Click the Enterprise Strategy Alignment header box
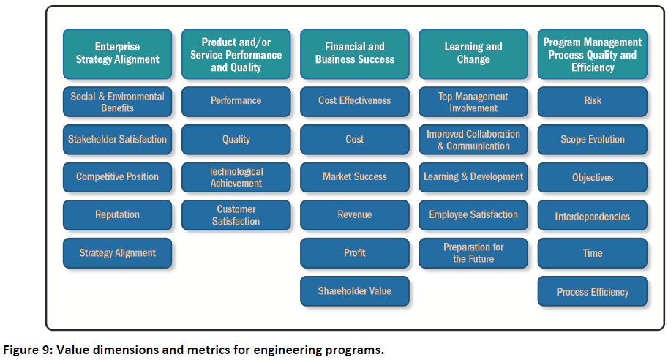click(x=118, y=53)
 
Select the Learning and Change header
click(x=473, y=53)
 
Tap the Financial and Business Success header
click(x=355, y=53)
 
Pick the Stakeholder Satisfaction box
click(x=118, y=139)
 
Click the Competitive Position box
click(x=118, y=177)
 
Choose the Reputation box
click(x=118, y=214)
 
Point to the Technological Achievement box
click(x=236, y=177)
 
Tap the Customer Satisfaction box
click(x=236, y=214)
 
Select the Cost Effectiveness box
click(x=355, y=102)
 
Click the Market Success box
click(x=355, y=177)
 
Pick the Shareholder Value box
click(x=355, y=291)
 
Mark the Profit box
click(x=355, y=253)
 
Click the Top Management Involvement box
click(x=473, y=102)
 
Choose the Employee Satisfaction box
click(x=473, y=214)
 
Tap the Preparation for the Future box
click(x=473, y=253)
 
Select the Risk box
click(x=593, y=102)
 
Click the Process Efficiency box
click(x=593, y=291)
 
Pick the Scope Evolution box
click(x=593, y=139)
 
